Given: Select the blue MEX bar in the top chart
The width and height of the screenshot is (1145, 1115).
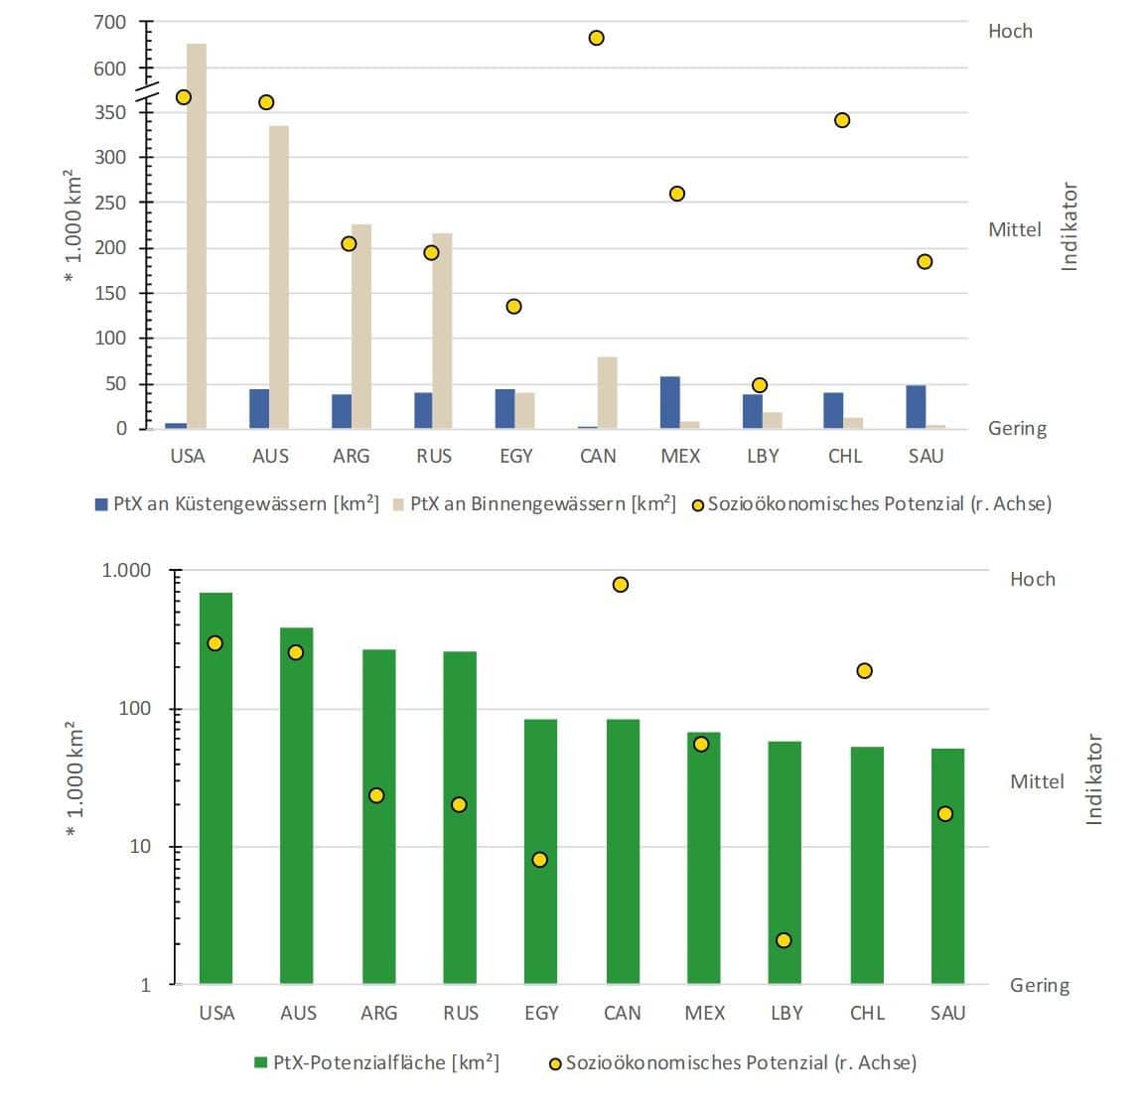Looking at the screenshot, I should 670,402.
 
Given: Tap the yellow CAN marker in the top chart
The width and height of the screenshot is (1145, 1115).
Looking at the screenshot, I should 597,38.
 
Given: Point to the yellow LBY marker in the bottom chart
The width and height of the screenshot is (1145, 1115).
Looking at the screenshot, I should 784,940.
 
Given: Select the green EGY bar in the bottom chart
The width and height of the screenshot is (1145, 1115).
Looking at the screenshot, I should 540,851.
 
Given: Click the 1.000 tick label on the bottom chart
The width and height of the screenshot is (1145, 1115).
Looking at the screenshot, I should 126,571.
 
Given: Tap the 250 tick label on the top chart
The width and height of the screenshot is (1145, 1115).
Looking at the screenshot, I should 110,203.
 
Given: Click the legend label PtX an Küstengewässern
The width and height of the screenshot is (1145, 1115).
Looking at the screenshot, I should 245,503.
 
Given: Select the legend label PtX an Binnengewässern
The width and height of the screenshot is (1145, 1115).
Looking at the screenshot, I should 542,503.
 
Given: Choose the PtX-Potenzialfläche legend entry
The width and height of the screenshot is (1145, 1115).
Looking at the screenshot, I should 385,1062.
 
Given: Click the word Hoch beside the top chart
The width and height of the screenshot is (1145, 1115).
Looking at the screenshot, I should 1010,32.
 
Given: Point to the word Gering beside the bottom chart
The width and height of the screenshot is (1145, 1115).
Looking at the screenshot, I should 1040,985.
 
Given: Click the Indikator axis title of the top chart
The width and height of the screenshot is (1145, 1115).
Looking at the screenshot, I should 1070,226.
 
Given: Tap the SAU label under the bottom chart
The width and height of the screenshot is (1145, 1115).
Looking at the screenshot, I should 947,1013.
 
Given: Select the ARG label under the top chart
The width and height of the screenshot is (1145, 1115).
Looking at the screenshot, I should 351,456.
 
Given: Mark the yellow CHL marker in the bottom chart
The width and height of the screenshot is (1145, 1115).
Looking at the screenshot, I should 864,671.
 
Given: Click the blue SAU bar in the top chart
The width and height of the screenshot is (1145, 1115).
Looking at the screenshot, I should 916,407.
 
